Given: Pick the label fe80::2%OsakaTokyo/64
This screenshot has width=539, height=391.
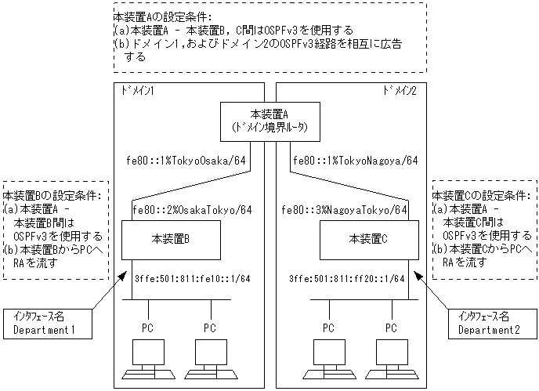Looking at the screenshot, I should [192, 209].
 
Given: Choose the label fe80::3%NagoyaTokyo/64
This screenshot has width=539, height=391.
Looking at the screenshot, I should [346, 209].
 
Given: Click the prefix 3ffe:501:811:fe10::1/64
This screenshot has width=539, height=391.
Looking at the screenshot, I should [181, 278].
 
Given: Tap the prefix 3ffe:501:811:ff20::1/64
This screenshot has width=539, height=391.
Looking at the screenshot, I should [347, 278].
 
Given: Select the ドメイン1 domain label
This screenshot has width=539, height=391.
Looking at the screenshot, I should [137, 91].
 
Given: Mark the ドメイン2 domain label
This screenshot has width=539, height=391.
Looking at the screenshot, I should [400, 91].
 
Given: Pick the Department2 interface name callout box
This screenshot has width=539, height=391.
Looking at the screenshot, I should [491, 324].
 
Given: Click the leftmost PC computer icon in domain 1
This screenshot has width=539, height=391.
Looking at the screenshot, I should [147, 353].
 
